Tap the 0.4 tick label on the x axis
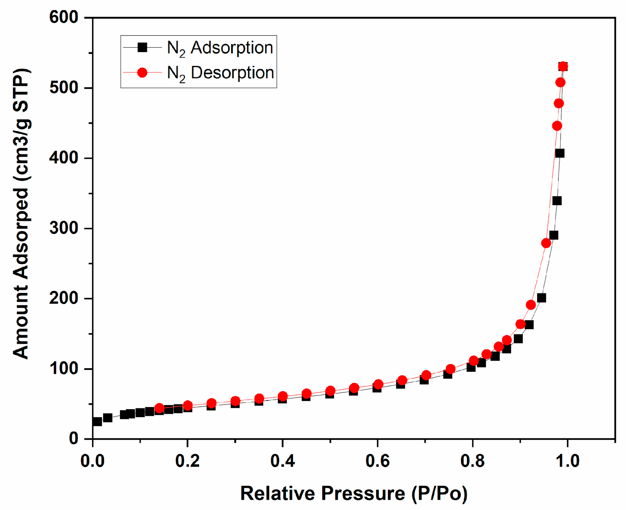click(282, 461)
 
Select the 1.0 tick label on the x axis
click(567, 461)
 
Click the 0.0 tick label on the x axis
click(92, 461)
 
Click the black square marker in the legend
click(142, 47)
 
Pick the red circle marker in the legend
click(142, 72)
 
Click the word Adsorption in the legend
click(232, 47)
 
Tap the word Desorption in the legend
click(232, 72)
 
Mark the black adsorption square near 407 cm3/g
click(560, 153)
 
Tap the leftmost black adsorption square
click(97, 421)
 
